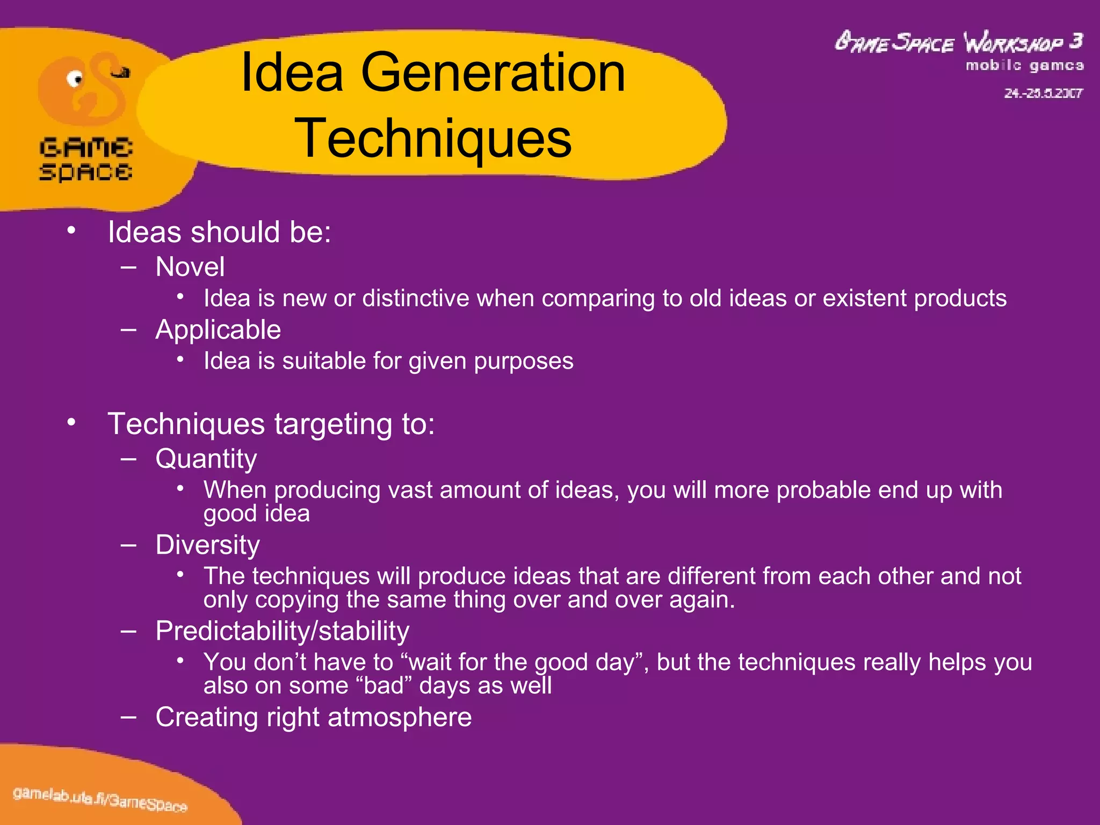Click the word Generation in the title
click(x=493, y=73)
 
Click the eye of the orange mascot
click(x=75, y=79)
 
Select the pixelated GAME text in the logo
click(x=86, y=148)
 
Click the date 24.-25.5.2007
click(x=1043, y=93)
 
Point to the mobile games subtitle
click(x=1024, y=66)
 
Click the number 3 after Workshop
click(x=1075, y=41)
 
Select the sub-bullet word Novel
click(x=190, y=267)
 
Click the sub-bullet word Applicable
click(x=218, y=330)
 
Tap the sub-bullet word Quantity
click(x=206, y=459)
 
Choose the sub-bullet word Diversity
click(x=208, y=545)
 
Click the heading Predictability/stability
click(x=282, y=631)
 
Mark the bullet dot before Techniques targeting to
click(x=71, y=423)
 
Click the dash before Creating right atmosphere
click(x=128, y=717)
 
